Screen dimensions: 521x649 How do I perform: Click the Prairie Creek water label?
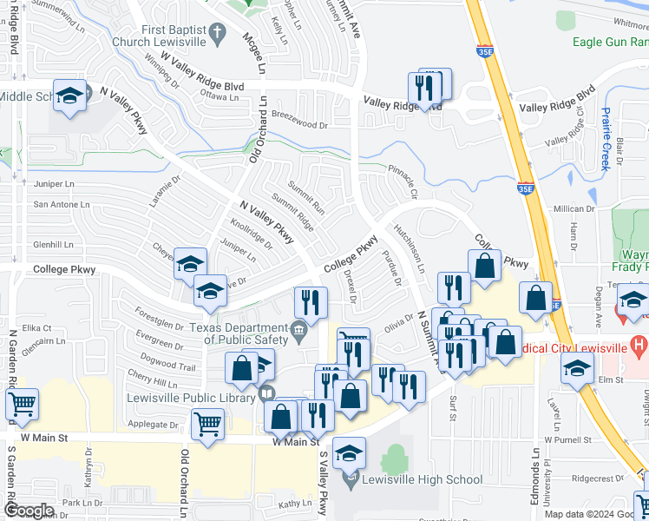606,139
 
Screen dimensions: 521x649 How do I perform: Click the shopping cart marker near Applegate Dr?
207,425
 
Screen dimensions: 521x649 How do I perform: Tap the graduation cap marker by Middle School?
68,96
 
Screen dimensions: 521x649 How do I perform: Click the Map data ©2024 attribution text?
579,514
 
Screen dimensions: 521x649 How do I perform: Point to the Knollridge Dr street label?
251,234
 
